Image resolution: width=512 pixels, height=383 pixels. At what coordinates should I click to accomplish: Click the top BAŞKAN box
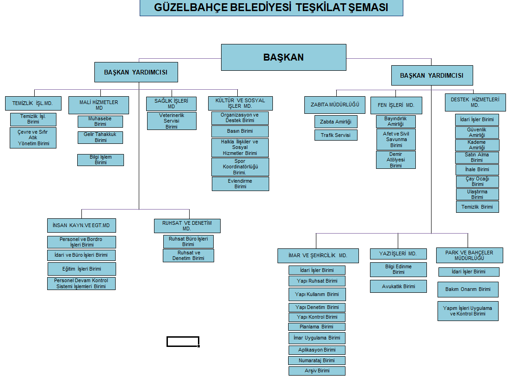coord(284,57)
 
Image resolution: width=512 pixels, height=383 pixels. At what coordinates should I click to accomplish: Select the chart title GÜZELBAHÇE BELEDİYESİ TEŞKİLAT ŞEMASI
coord(271,8)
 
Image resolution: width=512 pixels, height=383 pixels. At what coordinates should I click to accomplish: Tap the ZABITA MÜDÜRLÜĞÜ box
coord(335,105)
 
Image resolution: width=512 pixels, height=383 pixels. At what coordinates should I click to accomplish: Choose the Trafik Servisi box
coord(336,135)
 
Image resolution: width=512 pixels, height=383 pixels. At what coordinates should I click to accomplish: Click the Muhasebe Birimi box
coord(100,122)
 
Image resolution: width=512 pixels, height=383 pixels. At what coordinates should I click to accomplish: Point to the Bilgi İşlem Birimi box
coord(100,160)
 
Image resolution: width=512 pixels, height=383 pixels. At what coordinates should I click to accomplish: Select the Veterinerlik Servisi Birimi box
coord(172,121)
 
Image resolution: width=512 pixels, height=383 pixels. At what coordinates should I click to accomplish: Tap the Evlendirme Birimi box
coord(240,184)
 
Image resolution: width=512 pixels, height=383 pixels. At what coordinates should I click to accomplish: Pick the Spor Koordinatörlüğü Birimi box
coord(240,167)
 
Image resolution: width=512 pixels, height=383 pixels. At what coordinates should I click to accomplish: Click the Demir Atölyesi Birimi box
coord(395,160)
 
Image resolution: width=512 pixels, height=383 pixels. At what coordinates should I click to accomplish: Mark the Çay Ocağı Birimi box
coord(477,181)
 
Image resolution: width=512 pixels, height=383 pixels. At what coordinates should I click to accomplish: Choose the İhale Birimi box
coord(477,169)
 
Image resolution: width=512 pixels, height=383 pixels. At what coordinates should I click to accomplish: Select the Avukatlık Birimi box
coord(398,286)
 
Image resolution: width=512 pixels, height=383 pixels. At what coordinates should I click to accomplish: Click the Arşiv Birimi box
coord(317,371)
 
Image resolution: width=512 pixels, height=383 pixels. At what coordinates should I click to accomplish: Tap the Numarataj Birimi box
coord(317,360)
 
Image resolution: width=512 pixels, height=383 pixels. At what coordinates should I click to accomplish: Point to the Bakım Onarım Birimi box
coord(468,290)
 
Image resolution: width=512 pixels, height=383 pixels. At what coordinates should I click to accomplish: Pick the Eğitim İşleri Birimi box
coord(81,269)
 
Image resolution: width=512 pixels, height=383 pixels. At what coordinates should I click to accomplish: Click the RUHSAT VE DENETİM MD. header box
coord(187,226)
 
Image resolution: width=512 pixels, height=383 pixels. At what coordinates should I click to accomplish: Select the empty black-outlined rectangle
coord(183,342)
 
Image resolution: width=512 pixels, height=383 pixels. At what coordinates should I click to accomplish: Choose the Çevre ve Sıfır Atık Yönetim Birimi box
coord(33,138)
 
